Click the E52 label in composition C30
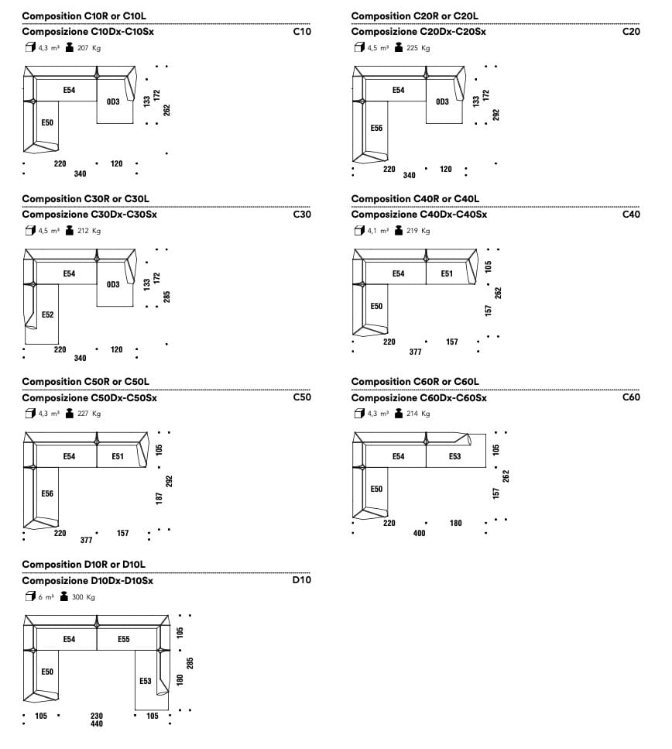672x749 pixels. click(48, 314)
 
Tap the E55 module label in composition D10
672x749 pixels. click(124, 639)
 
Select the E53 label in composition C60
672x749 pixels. click(454, 456)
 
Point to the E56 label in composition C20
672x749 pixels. click(376, 128)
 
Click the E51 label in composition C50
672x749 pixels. click(118, 456)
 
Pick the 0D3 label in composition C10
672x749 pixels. click(113, 101)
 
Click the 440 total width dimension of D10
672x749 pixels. click(97, 723)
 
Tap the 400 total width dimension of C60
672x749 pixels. click(419, 533)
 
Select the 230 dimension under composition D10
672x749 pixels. click(97, 716)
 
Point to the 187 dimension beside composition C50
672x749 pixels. click(159, 498)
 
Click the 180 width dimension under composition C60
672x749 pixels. click(456, 523)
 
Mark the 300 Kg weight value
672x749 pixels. click(84, 597)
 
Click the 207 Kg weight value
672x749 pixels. click(89, 48)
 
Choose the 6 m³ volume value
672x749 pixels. click(46, 597)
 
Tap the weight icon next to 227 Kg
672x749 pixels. click(69, 413)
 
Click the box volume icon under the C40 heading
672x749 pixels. click(359, 231)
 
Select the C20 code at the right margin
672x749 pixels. click(631, 32)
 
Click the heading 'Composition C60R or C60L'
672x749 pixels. click(415, 382)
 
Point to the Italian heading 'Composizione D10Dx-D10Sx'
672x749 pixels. click(87, 581)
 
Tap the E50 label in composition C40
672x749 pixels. click(376, 306)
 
